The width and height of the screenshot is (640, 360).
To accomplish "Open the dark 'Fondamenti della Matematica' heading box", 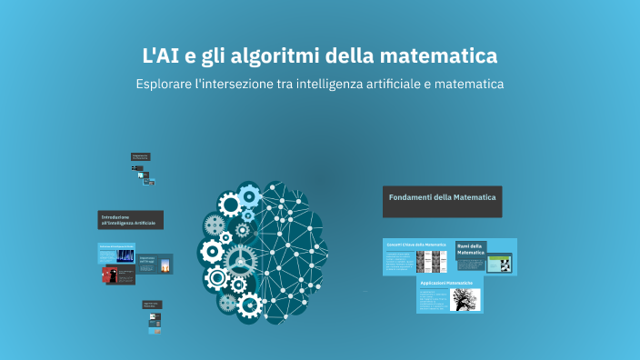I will [442, 202].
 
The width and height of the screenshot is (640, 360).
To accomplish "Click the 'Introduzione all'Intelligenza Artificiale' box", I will [130, 220].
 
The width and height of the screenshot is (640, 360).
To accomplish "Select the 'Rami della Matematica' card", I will [470, 249].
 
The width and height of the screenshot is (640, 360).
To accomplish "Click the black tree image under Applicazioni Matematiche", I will [465, 299].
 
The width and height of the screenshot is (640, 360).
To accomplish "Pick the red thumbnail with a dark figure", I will [112, 274].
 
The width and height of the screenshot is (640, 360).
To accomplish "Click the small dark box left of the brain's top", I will [140, 156].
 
